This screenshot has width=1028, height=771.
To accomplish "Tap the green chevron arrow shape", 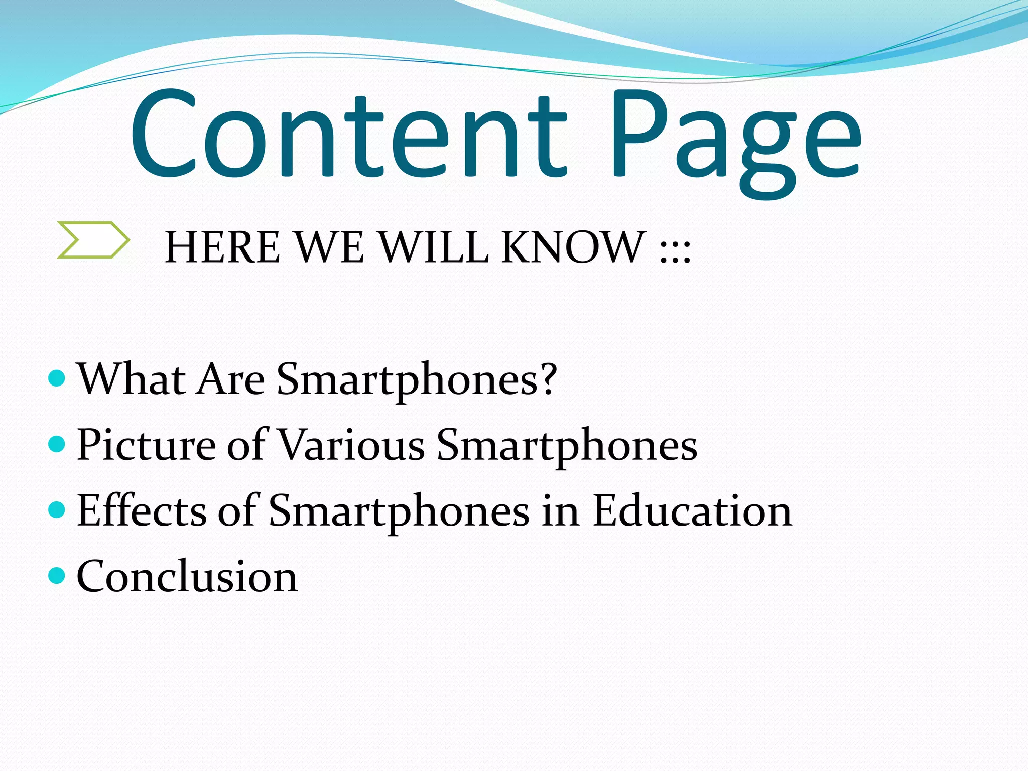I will tap(93, 240).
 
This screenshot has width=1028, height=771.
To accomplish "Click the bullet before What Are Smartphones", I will tap(57, 378).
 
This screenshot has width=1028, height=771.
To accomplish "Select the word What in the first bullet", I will tap(132, 379).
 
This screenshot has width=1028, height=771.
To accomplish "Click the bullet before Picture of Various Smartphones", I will tap(57, 444).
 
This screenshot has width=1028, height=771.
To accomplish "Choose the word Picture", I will tap(146, 445).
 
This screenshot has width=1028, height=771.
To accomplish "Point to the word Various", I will tap(351, 445).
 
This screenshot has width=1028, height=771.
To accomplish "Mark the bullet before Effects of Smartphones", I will tap(57, 509).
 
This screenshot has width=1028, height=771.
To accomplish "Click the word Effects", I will tap(142, 510).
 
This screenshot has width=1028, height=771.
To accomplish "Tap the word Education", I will tap(693, 510).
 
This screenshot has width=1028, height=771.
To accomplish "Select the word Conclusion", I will tap(187, 576).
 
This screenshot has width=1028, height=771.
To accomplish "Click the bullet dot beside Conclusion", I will tap(57, 575).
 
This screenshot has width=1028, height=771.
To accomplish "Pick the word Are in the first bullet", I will tap(231, 379).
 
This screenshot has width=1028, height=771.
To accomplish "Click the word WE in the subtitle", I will tap(329, 247).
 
